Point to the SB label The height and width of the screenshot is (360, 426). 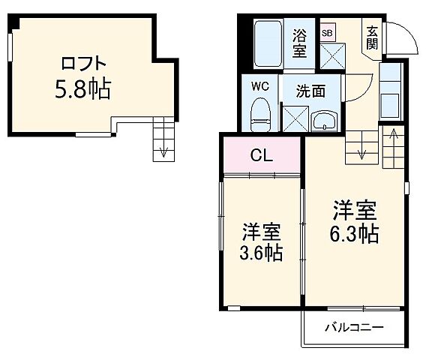(327, 33)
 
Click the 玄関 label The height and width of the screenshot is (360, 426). (372, 37)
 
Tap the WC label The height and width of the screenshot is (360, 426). (259, 85)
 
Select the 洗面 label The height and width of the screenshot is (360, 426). (310, 91)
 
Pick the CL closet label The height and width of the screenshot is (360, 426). (261, 156)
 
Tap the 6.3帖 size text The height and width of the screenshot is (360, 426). (355, 234)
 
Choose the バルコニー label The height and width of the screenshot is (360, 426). (354, 327)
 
